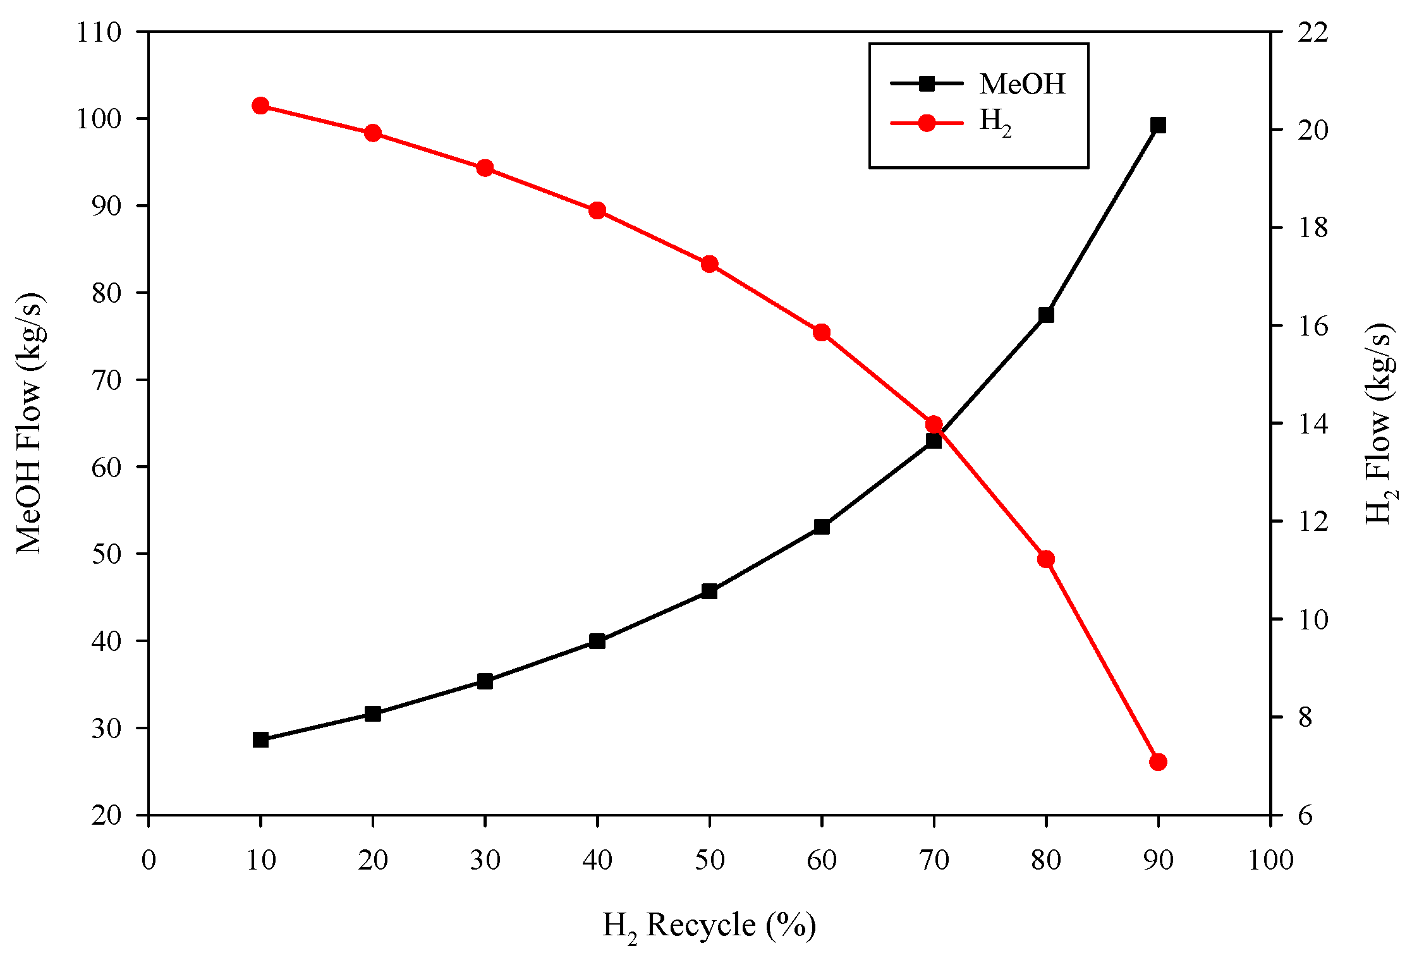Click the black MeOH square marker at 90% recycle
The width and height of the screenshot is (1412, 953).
tap(1158, 125)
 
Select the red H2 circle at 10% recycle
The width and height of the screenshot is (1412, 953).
tap(260, 106)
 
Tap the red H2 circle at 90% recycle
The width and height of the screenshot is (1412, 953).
tap(1158, 762)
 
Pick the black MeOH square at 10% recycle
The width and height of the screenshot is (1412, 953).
tap(260, 740)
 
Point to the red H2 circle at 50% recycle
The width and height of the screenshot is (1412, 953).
tap(709, 264)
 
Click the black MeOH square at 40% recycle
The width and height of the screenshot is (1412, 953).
tap(597, 641)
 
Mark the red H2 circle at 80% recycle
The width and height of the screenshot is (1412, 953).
tap(1046, 559)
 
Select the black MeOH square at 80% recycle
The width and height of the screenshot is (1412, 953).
tap(1046, 315)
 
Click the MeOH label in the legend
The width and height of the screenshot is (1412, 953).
tap(1022, 84)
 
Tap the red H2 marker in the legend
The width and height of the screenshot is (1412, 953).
tap(927, 123)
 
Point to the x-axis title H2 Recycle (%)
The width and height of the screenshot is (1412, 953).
tap(709, 926)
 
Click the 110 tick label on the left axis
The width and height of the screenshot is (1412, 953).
tap(99, 32)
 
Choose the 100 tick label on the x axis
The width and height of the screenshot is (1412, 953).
tap(1270, 860)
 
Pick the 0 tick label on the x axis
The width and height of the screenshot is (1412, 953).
tap(149, 860)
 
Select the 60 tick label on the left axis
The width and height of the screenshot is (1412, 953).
tap(106, 467)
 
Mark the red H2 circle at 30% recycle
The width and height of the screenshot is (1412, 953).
tap(485, 168)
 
